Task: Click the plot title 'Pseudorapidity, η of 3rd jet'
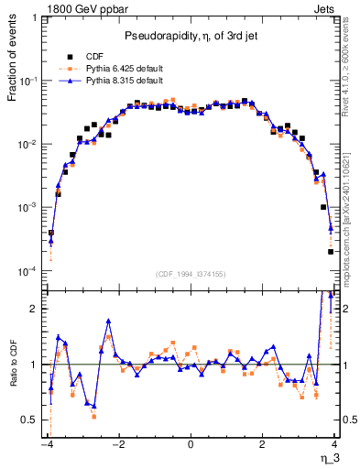pos(191,36)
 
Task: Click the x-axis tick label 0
pos(191,445)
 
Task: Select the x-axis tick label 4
pos(334,445)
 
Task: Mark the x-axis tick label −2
pos(117,445)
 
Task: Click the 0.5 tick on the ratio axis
pos(30,420)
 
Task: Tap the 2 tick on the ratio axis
pos(36,309)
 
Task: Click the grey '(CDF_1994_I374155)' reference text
pos(191,274)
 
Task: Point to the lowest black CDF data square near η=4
pos(331,252)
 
